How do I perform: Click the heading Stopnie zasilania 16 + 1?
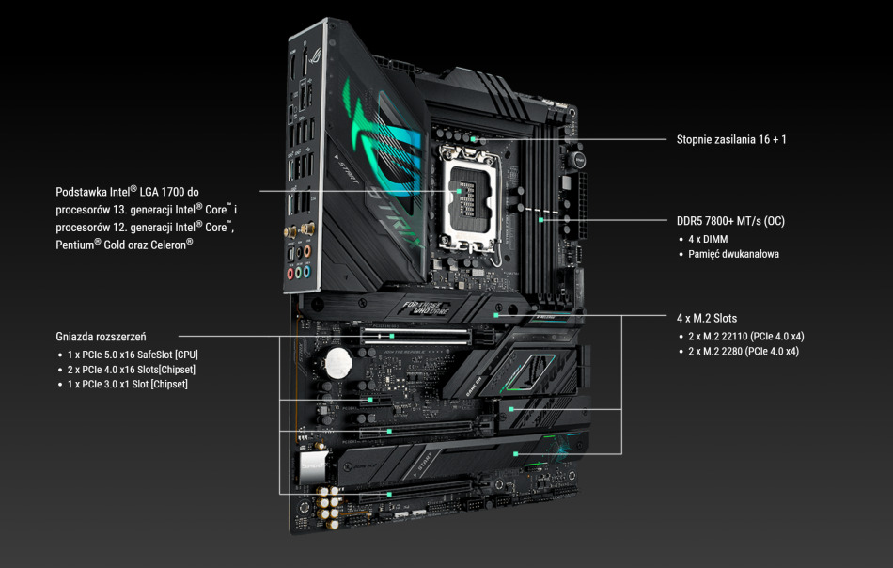tap(730, 140)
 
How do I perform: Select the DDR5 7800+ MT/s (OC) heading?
tap(730, 222)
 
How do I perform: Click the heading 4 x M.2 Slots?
tap(706, 319)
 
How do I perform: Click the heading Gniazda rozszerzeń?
tap(101, 336)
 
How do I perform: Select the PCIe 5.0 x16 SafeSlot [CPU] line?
tap(133, 355)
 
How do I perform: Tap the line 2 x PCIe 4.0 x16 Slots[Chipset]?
tap(132, 370)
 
